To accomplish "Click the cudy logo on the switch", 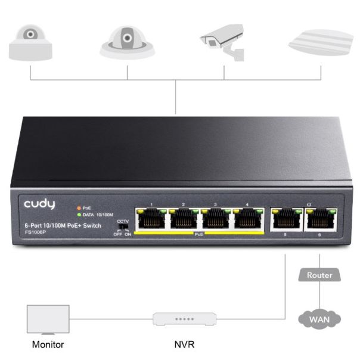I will click(x=40, y=204).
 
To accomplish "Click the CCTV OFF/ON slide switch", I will click(x=123, y=227).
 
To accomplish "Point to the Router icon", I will click(x=320, y=275).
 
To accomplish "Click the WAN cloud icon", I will click(x=319, y=319).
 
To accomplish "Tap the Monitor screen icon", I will click(x=48, y=319).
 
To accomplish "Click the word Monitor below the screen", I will click(x=48, y=345).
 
